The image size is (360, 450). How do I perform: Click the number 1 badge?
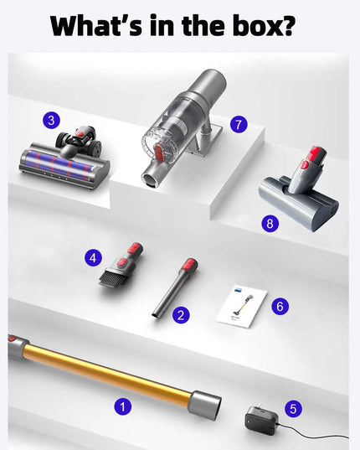coord(124,406)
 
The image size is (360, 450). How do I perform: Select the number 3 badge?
coord(53,121)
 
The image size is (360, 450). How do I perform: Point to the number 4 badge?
coord(94,259)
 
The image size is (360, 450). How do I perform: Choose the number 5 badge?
coord(292,408)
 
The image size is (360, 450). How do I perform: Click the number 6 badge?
coord(280,307)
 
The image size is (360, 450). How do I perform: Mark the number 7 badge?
coord(240,124)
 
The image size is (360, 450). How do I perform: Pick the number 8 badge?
coord(268,223)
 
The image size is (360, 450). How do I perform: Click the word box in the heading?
coord(260,24)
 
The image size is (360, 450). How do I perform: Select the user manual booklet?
coord(237,307)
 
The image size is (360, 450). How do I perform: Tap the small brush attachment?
coord(121,264)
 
